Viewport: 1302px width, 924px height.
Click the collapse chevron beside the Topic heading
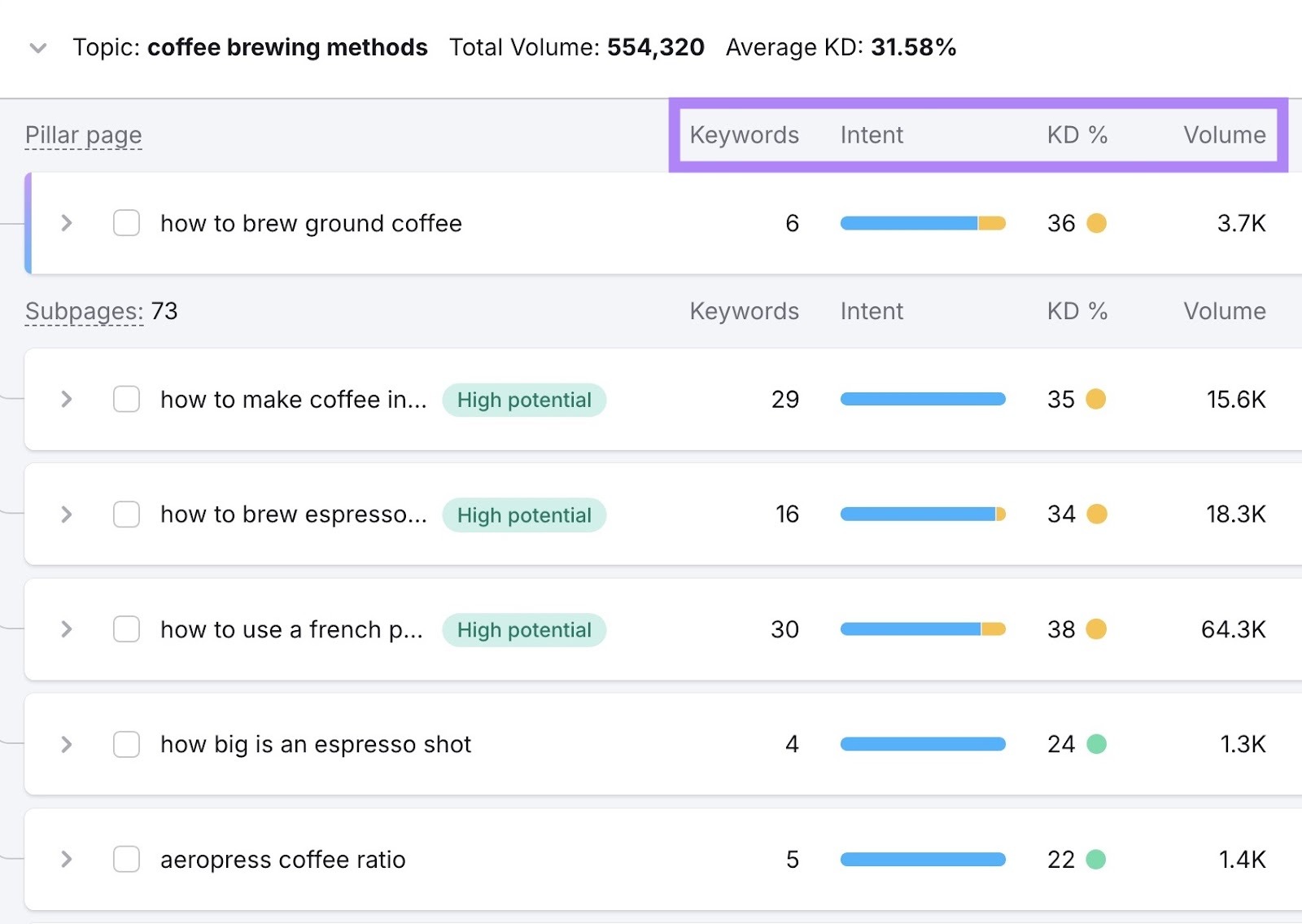(x=37, y=48)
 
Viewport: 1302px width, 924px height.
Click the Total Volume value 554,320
(x=655, y=47)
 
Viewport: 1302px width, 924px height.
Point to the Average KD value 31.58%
(x=913, y=47)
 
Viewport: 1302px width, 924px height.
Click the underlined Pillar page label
(x=83, y=135)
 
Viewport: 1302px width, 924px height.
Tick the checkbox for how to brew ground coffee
(x=126, y=223)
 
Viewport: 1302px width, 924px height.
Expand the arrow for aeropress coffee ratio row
(x=67, y=860)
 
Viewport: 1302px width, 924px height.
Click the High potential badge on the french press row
(x=524, y=630)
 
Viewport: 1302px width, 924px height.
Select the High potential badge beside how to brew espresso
(x=524, y=515)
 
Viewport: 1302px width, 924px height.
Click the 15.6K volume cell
(x=1235, y=400)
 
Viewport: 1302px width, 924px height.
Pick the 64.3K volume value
(x=1233, y=630)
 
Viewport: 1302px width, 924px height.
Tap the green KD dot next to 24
(x=1096, y=745)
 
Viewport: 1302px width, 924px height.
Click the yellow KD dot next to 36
(x=1096, y=223)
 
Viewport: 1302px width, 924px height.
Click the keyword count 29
(x=784, y=400)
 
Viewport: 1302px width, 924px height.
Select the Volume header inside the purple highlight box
(x=1224, y=135)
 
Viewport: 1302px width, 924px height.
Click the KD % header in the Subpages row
(x=1077, y=312)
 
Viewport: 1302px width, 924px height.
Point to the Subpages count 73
(x=164, y=312)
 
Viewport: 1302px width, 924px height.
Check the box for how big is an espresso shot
(x=126, y=745)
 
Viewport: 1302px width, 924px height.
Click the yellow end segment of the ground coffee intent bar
(x=992, y=223)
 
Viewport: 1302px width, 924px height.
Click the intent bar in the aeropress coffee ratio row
(x=922, y=860)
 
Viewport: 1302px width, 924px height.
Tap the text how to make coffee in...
(x=293, y=400)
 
